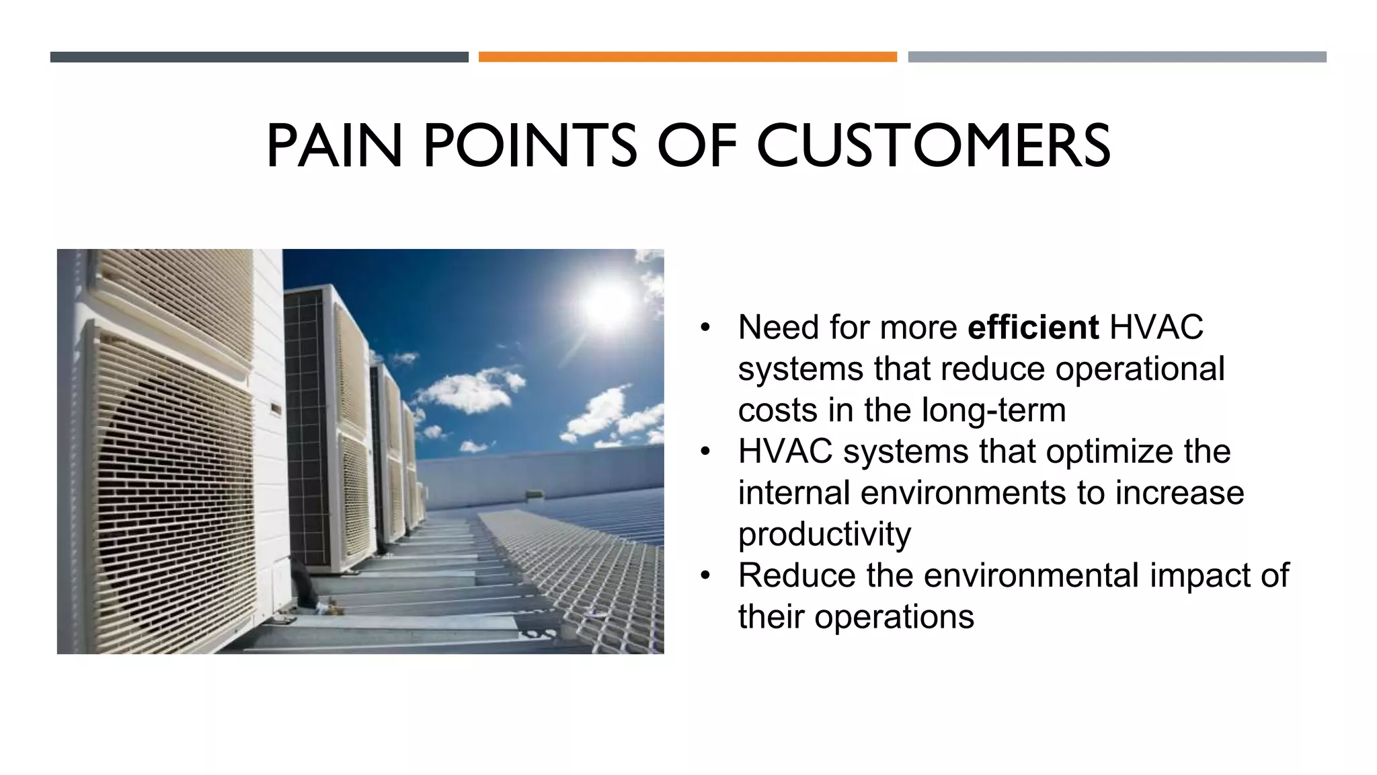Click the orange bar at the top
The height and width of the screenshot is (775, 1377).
coord(687,57)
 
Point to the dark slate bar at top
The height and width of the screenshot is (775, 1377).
coord(259,57)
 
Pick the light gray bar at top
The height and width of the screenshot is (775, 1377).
coord(1117,57)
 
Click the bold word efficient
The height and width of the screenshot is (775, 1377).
coord(1033,328)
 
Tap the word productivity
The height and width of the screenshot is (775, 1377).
coord(824,535)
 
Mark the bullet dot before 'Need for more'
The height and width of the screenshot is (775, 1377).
coord(705,328)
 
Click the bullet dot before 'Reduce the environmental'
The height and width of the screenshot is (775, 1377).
coord(705,577)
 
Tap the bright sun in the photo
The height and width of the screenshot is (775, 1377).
coord(607,303)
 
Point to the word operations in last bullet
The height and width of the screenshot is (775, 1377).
coord(894,617)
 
